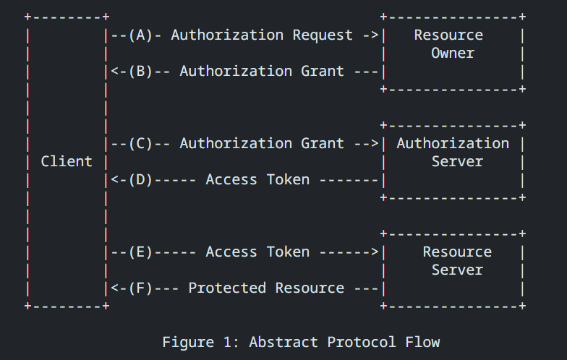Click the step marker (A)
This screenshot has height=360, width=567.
(x=140, y=35)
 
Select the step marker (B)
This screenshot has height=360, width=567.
(x=140, y=71)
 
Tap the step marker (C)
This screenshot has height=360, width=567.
(x=140, y=143)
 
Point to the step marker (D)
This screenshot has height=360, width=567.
(x=140, y=179)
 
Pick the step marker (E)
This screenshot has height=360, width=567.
(x=140, y=252)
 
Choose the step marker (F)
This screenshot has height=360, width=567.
(x=140, y=288)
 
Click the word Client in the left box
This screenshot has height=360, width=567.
(x=67, y=161)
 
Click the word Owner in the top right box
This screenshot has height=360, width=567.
(x=453, y=53)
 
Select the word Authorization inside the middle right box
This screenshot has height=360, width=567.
(x=453, y=143)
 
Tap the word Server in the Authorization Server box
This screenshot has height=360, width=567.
(x=457, y=161)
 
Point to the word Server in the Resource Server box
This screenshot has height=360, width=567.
(x=457, y=270)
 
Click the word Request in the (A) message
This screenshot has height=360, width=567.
(x=323, y=35)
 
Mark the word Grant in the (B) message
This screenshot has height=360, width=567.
(x=323, y=71)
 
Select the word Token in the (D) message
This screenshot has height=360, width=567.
(x=288, y=179)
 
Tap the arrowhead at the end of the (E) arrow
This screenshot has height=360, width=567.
(x=375, y=252)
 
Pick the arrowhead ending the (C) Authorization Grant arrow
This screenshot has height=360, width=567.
(x=375, y=143)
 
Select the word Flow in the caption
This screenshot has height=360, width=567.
(x=422, y=342)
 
